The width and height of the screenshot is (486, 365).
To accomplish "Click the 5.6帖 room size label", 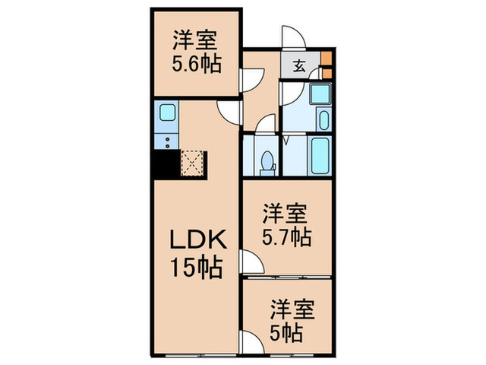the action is [197, 65].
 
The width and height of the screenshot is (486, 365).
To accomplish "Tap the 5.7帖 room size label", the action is [287, 238].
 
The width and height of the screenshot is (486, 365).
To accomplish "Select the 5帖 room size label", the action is [286, 333].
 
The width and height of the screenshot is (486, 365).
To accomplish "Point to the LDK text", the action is [198, 240].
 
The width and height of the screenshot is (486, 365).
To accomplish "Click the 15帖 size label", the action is [197, 267].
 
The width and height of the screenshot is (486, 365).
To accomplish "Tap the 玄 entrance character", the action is [299, 65].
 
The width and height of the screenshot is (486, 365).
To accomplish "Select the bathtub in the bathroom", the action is [320, 156].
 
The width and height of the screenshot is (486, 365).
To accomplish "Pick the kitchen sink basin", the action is [167, 113].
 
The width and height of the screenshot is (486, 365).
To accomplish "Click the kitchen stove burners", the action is [167, 142].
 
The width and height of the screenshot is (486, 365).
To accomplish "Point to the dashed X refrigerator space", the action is [192, 163].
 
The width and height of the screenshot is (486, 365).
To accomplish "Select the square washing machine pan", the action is [320, 94].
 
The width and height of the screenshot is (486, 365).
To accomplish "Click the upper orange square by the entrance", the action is [327, 58].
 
